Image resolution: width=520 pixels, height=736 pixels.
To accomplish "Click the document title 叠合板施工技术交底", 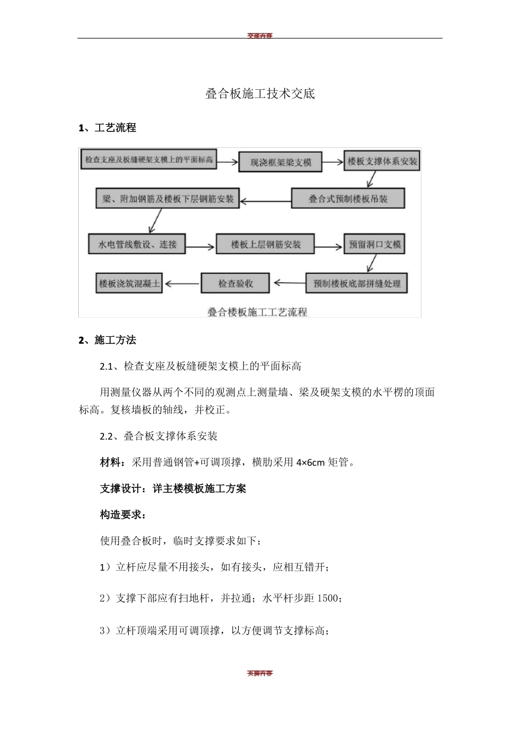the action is pyautogui.click(x=260, y=94).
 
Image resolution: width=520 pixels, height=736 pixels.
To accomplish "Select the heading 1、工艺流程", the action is pyautogui.click(x=107, y=128).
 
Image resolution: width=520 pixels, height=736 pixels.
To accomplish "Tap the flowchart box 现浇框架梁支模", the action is pyautogui.click(x=280, y=162).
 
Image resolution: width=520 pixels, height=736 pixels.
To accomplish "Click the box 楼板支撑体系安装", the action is pyautogui.click(x=382, y=161).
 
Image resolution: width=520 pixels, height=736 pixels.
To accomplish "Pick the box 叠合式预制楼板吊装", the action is pyautogui.click(x=348, y=199).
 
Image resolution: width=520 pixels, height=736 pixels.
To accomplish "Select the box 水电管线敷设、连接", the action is pyautogui.click(x=137, y=244).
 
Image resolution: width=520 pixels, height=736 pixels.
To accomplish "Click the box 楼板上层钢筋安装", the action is pyautogui.click(x=265, y=244).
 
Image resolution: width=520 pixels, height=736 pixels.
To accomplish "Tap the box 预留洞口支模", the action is pyautogui.click(x=375, y=244).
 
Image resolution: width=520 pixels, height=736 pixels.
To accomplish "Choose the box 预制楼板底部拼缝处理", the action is pyautogui.click(x=356, y=283).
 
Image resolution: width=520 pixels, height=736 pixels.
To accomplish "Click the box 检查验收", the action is pyautogui.click(x=235, y=283).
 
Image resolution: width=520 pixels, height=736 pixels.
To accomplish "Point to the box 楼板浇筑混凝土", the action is pyautogui.click(x=129, y=283).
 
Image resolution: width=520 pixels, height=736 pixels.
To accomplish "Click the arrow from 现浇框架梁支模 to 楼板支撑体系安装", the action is pyautogui.click(x=332, y=162).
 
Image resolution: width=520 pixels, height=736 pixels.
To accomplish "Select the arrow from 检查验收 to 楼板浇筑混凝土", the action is pyautogui.click(x=182, y=283).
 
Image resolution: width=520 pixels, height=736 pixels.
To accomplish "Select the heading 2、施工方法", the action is pyautogui.click(x=107, y=340).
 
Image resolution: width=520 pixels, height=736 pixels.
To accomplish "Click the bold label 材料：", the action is pyautogui.click(x=113, y=462).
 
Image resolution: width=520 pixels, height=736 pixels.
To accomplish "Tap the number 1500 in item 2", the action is pyautogui.click(x=328, y=598).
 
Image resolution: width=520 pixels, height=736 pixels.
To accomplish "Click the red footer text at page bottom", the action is pyautogui.click(x=259, y=673).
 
